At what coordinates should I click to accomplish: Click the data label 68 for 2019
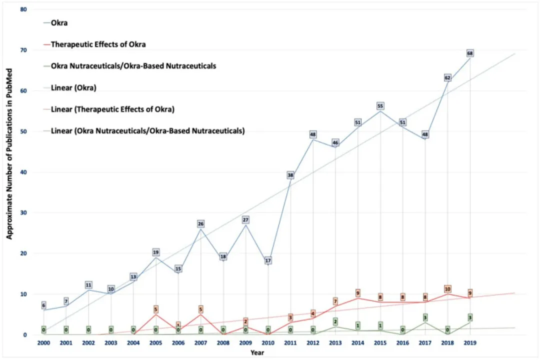(x=470, y=53)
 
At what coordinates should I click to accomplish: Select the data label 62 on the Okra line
(x=447, y=78)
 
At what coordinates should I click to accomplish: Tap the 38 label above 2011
(x=290, y=175)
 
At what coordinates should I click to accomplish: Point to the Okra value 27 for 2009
(x=245, y=220)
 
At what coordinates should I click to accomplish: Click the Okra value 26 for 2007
(x=200, y=223)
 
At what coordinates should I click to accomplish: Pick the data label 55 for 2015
(x=380, y=106)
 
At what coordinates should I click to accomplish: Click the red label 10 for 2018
(x=447, y=289)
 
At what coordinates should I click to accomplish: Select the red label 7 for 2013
(x=335, y=301)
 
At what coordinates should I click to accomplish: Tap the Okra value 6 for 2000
(x=43, y=305)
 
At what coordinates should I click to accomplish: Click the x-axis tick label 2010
(x=268, y=343)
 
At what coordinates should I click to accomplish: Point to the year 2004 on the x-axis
(x=133, y=343)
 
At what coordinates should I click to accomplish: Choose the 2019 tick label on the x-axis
(x=470, y=343)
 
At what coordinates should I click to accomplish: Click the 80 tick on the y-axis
(x=23, y=10)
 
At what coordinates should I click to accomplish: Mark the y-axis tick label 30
(x=23, y=213)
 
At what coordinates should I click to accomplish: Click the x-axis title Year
(x=257, y=352)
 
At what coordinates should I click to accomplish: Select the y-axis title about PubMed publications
(x=9, y=172)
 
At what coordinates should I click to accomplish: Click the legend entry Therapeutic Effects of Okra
(x=98, y=44)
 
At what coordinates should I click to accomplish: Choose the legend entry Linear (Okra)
(x=74, y=88)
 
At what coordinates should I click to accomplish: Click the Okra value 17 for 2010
(x=268, y=260)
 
